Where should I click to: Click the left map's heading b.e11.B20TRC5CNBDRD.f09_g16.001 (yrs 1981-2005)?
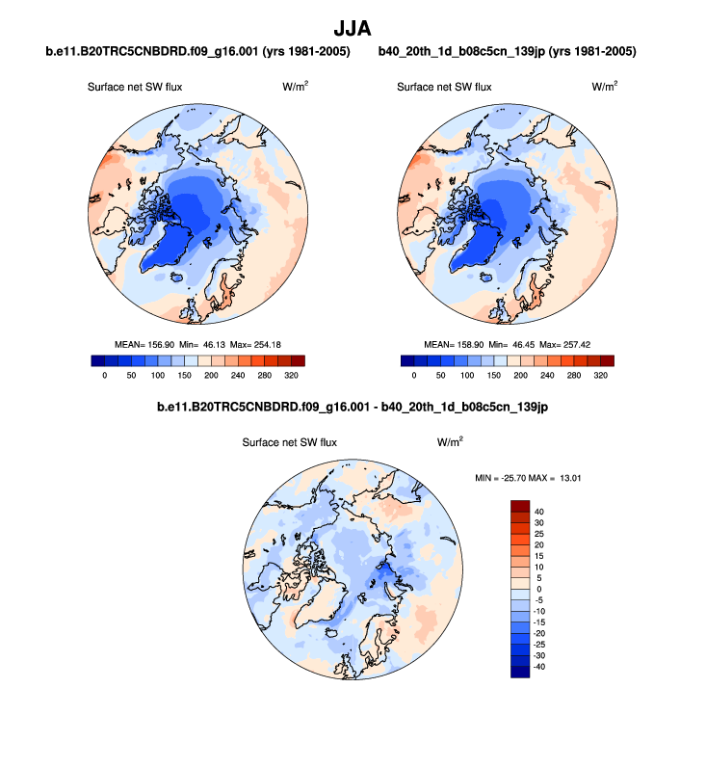pos(197,51)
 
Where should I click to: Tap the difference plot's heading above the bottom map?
pos(353,408)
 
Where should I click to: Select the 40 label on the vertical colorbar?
pos(538,513)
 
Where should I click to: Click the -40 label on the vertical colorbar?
pos(540,665)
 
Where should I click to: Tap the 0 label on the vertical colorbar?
pos(538,589)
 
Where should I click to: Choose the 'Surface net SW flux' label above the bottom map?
pos(290,443)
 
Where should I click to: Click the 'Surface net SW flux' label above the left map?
pos(135,87)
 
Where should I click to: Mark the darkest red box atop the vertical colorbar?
pos(520,507)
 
